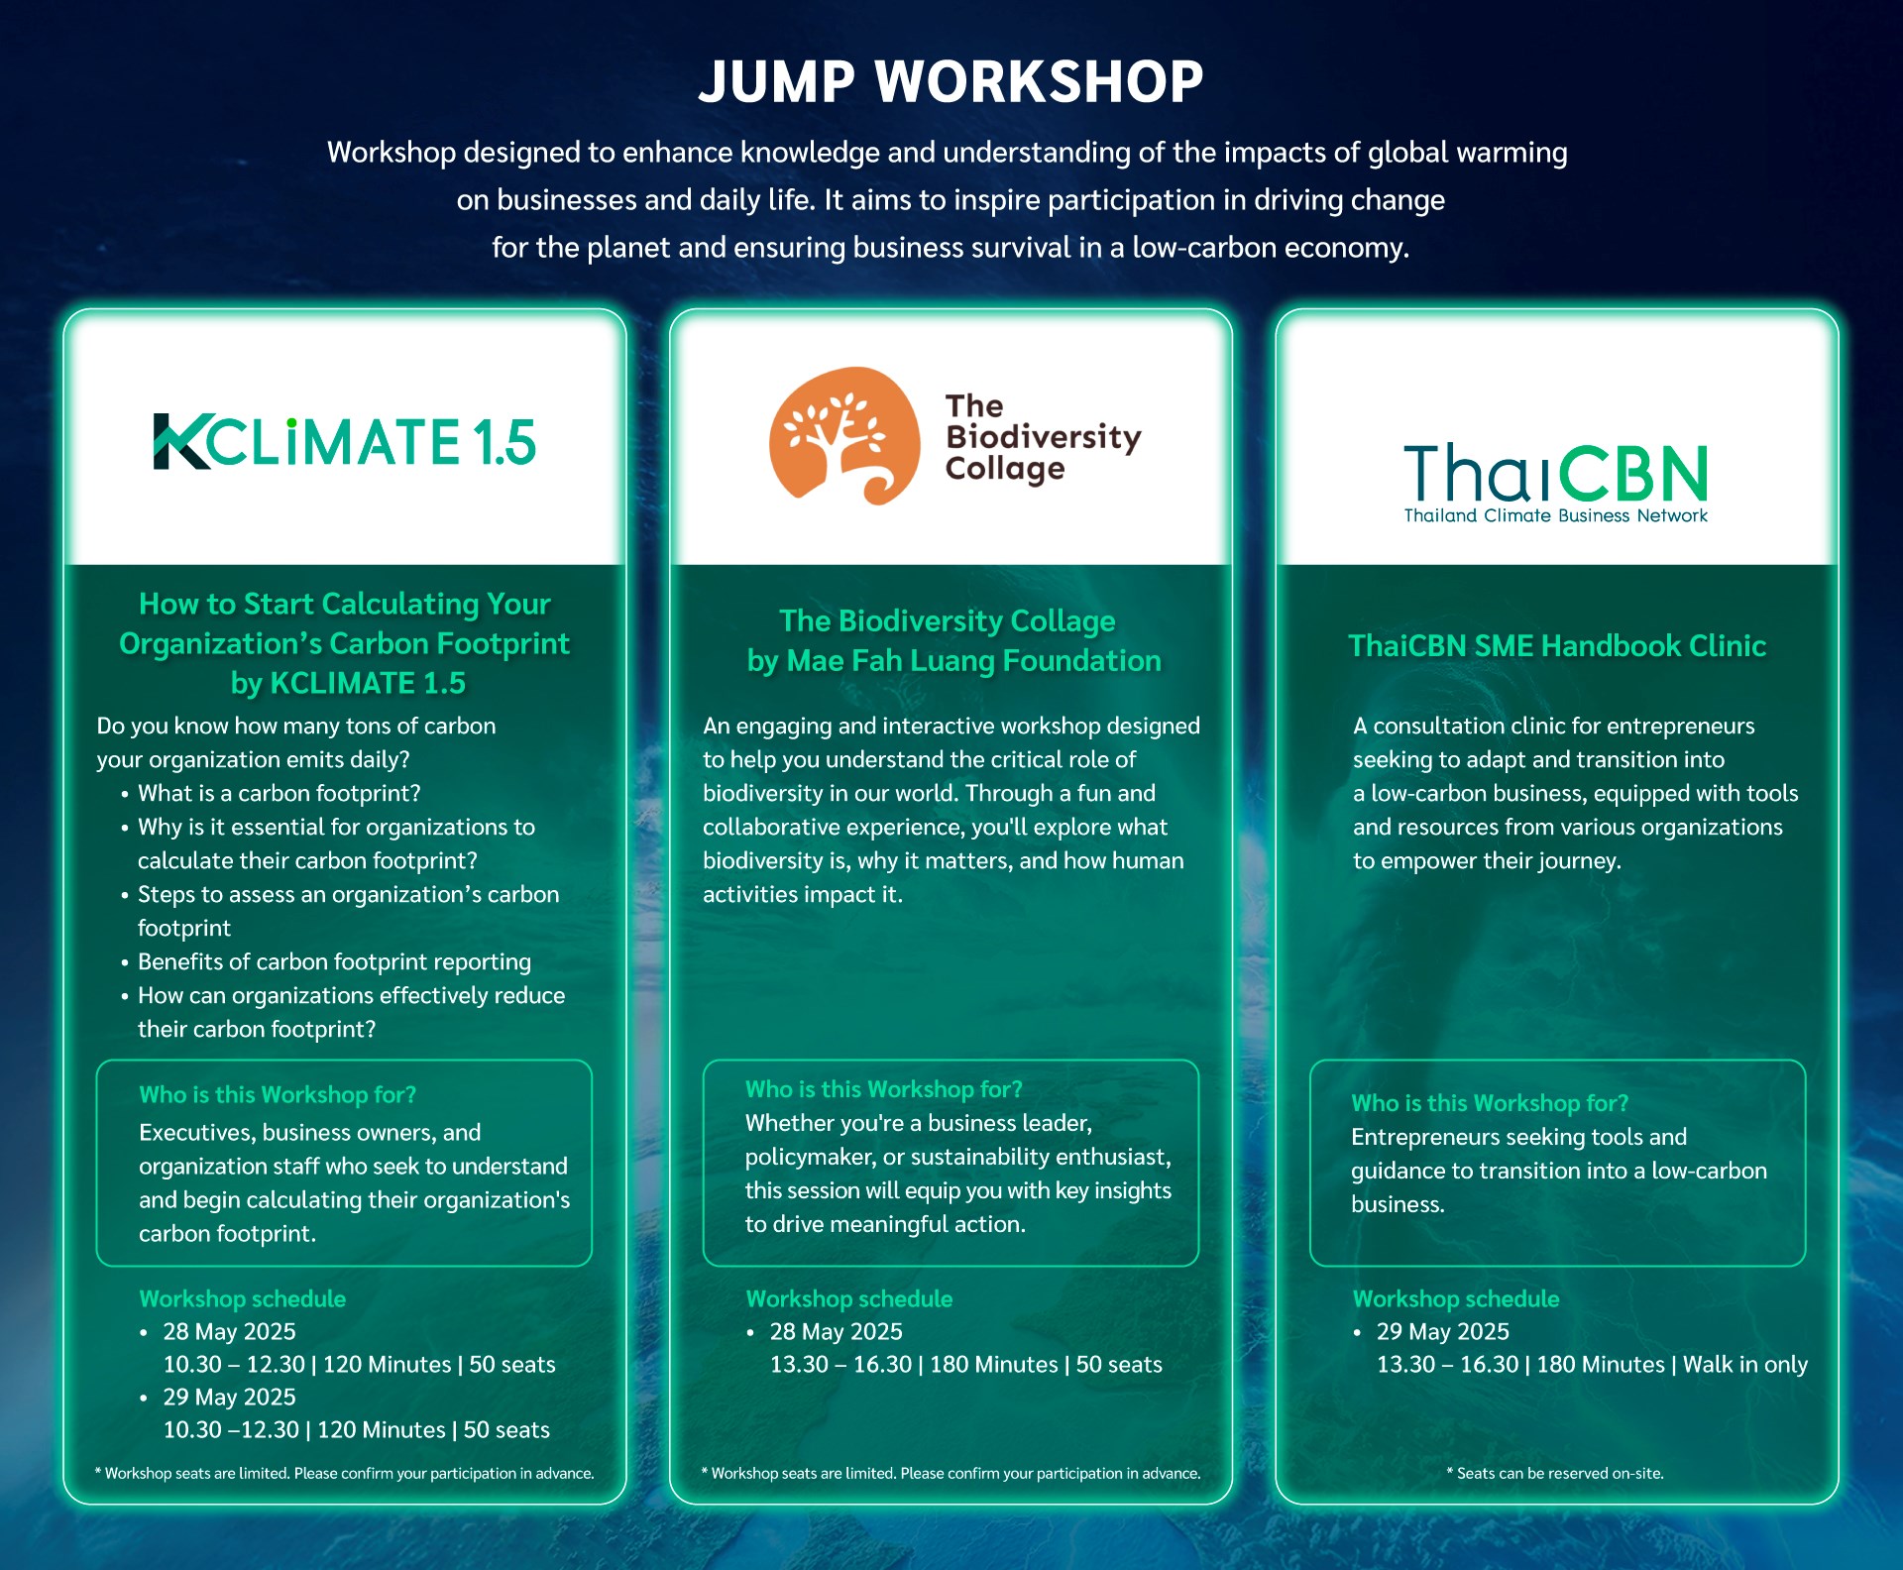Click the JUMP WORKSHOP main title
pyautogui.click(x=951, y=81)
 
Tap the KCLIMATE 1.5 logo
pyautogui.click(x=345, y=441)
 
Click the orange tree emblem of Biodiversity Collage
pyautogui.click(x=844, y=436)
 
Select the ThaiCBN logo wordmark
pyautogui.click(x=1556, y=473)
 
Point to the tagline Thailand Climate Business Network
pyautogui.click(x=1556, y=515)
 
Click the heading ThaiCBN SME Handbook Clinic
pyautogui.click(x=1557, y=646)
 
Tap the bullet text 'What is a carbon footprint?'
pyautogui.click(x=280, y=793)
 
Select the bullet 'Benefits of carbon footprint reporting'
pyautogui.click(x=334, y=961)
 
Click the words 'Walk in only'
pyautogui.click(x=1745, y=1365)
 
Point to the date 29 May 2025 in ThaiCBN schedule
pyautogui.click(x=1443, y=1332)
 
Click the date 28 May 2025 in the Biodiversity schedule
pyautogui.click(x=837, y=1332)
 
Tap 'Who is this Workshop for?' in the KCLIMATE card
pyautogui.click(x=278, y=1095)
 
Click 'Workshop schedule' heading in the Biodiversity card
pyautogui.click(x=849, y=1299)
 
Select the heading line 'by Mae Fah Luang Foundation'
pyautogui.click(x=953, y=661)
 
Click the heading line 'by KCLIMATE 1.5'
pyautogui.click(x=348, y=683)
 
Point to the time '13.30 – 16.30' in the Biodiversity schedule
pyautogui.click(x=840, y=1365)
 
